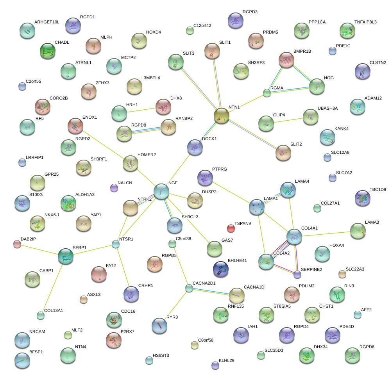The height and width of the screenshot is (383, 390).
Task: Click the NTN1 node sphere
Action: [x=222, y=116]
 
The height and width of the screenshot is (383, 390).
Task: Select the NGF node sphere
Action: [x=161, y=191]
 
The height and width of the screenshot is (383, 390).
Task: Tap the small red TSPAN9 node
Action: [x=231, y=228]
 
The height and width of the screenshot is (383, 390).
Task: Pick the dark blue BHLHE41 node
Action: [x=221, y=269]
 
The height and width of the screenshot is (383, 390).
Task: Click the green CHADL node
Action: [x=48, y=50]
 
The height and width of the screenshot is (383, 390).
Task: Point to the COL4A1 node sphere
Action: [x=294, y=237]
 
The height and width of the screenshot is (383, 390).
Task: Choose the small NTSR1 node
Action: [x=115, y=244]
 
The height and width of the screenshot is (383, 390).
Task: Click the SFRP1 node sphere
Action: [x=65, y=256]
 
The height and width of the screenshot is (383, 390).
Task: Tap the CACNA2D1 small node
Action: [x=189, y=288]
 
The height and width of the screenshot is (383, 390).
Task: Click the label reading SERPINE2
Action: [x=311, y=269]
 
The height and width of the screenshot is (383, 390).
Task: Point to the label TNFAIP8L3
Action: [x=365, y=22]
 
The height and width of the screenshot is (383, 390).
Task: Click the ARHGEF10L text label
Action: [x=47, y=22]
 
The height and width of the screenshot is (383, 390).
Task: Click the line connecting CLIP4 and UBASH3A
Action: [x=288, y=120]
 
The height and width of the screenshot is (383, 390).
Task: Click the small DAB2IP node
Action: [x=17, y=244]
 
